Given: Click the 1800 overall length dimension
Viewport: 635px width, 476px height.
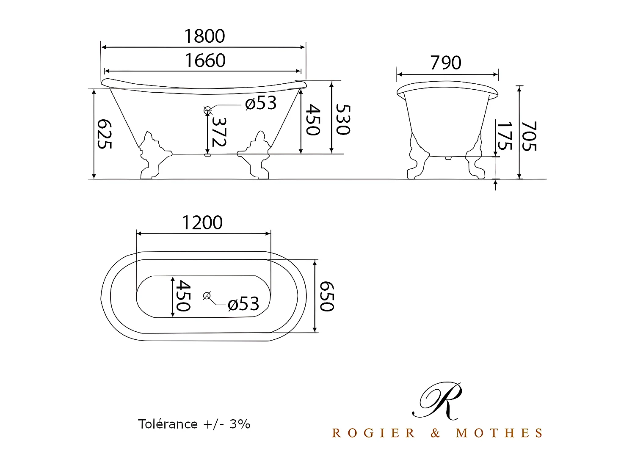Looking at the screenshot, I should coord(204,36).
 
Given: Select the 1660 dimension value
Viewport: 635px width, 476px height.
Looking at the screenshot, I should coord(205,61).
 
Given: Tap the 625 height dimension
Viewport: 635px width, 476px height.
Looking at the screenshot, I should coord(105,134).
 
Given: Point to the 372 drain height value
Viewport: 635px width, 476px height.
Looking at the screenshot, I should coord(219,132).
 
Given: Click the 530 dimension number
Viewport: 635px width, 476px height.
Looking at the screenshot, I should coord(342,119).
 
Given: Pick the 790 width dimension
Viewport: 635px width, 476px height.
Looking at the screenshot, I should coord(446,63).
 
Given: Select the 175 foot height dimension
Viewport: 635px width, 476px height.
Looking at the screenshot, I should coord(504,136).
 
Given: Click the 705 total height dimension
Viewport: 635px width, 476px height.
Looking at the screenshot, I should coord(529,136).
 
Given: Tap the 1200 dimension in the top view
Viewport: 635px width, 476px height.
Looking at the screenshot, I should coord(202,223).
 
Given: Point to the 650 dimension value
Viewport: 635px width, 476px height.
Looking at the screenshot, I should coord(326,296).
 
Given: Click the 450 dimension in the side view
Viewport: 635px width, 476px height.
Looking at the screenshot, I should coord(312,120).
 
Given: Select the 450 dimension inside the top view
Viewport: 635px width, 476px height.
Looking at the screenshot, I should coord(183,296).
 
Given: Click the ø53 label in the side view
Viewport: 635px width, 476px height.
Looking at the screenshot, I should coord(261,103).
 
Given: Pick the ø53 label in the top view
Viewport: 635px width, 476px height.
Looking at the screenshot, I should coord(243,304).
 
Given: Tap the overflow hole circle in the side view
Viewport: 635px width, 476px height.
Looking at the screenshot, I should coord(207,110).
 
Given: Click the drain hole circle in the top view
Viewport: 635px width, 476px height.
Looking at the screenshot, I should coord(207,296).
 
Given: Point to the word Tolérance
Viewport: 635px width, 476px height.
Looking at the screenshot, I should coord(168,424).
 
